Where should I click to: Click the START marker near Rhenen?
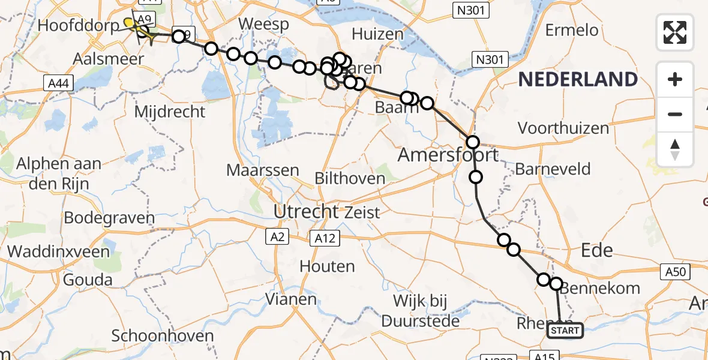coord(565,331)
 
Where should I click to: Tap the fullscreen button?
coord(675,32)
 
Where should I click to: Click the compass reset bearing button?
coord(675,149)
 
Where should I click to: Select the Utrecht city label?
coord(306,211)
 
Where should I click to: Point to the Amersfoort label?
coord(448,155)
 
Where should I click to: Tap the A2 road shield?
coord(277,238)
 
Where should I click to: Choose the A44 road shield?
coord(59,83)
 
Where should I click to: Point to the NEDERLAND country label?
coord(578,79)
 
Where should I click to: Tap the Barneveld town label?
coord(553,169)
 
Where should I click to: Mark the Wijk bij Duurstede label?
coord(427,310)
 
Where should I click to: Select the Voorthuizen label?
coord(563,128)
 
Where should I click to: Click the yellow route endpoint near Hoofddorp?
coord(128,23)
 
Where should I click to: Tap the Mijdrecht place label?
coord(170,112)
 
